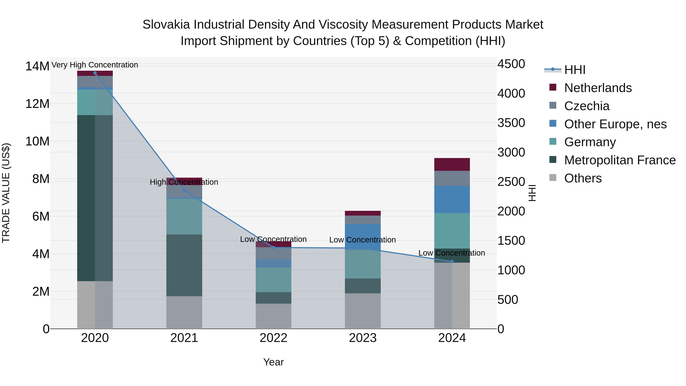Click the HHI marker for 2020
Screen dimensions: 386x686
(x=95, y=73)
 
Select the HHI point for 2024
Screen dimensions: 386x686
(x=452, y=262)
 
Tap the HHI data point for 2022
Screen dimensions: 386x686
(x=273, y=247)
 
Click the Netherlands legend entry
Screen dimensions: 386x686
(x=598, y=88)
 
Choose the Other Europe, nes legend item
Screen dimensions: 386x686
(x=615, y=124)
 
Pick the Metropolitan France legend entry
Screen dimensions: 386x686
(x=620, y=160)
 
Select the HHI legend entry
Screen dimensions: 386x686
(x=575, y=70)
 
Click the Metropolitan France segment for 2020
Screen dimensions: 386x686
(x=95, y=198)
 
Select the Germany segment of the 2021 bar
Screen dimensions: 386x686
(x=184, y=216)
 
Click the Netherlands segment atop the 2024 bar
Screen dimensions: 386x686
(x=452, y=164)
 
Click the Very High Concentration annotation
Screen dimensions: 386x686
(x=95, y=65)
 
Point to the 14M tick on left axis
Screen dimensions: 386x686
(x=37, y=66)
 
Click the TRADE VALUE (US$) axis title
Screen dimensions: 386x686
(x=6, y=193)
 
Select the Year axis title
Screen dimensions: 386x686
(x=273, y=362)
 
